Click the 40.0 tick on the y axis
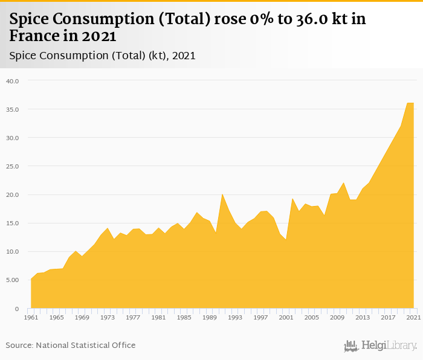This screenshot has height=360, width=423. pos(12,80)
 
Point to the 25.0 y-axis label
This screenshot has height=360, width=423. pos(12,166)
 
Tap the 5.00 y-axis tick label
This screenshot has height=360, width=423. pos(12,280)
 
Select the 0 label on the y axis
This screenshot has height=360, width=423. pos(18,309)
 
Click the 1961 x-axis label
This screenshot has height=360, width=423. pos(31,317)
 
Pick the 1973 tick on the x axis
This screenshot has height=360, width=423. pos(108,317)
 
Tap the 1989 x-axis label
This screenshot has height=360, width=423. pos(210,317)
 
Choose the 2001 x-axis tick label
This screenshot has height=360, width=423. pos(286,317)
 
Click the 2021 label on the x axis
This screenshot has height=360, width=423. pos(414,317)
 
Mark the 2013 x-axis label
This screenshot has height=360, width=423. pos(363,317)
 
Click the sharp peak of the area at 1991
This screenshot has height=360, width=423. pos(222,194)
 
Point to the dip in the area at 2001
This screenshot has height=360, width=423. pos(286,240)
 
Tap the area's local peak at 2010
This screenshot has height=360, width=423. pos(344,183)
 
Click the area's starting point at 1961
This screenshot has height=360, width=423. pos(31,279)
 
